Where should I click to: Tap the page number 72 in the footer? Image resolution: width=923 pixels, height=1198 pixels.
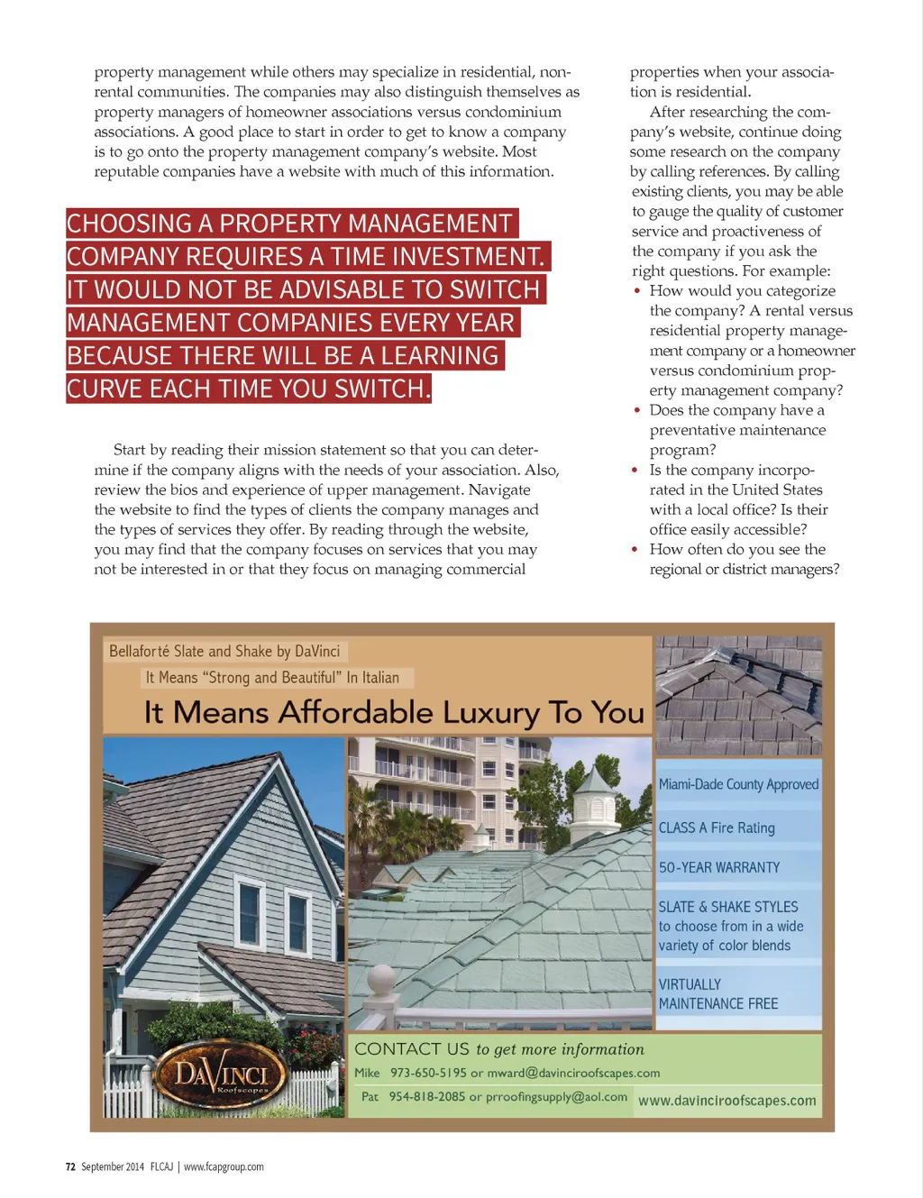(70, 1166)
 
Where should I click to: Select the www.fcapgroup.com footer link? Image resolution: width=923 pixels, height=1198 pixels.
(224, 1166)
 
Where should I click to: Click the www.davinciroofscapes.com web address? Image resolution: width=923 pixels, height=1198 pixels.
(727, 1101)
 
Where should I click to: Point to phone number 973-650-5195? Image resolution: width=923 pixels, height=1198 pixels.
(428, 1073)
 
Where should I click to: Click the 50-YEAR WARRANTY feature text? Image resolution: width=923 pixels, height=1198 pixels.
(718, 867)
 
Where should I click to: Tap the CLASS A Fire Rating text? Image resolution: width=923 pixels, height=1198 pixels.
(716, 828)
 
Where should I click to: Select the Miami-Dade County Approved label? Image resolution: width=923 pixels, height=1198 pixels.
(738, 784)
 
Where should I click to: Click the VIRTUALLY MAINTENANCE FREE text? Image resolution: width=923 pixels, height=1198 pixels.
(717, 994)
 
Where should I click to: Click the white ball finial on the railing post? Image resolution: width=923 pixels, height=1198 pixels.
(381, 979)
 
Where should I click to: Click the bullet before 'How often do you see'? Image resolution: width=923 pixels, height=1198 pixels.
(635, 549)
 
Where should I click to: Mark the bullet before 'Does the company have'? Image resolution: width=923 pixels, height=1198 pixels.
(635, 410)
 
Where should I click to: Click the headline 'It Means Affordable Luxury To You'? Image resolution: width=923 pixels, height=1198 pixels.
(394, 713)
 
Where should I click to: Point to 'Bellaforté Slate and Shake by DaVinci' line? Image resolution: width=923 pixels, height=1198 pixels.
(224, 651)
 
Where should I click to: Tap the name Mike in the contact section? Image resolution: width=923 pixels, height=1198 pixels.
(367, 1073)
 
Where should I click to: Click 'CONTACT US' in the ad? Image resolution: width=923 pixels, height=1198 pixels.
(412, 1049)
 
